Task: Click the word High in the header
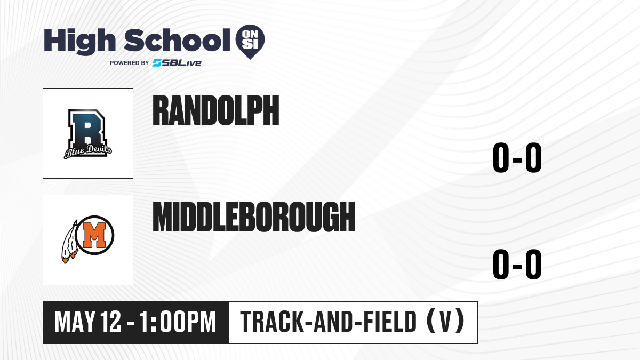tap(80, 41)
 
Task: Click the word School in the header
tap(177, 40)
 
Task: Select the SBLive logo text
tap(177, 62)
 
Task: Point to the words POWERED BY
tap(130, 63)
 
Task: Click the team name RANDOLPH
tap(216, 110)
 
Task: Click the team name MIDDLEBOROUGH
tap(254, 217)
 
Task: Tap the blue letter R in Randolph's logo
tap(87, 129)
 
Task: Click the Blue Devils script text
tap(87, 151)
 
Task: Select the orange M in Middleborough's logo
tap(94, 235)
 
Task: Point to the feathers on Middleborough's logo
tap(69, 243)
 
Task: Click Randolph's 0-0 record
tap(517, 158)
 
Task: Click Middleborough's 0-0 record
tap(517, 265)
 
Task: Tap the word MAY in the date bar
tap(75, 322)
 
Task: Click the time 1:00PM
tap(178, 322)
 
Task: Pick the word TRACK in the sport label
tap(271, 322)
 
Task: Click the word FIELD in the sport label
tap(390, 322)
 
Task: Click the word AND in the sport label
tap(333, 322)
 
